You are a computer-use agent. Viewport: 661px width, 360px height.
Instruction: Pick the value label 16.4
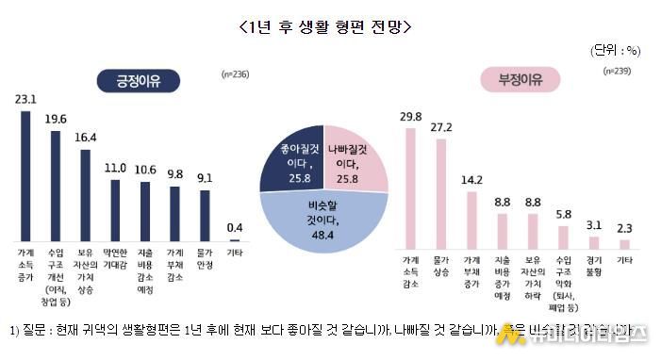85,138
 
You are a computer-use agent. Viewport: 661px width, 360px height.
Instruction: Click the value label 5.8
563,214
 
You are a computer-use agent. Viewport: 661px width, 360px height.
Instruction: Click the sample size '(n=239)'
617,70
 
